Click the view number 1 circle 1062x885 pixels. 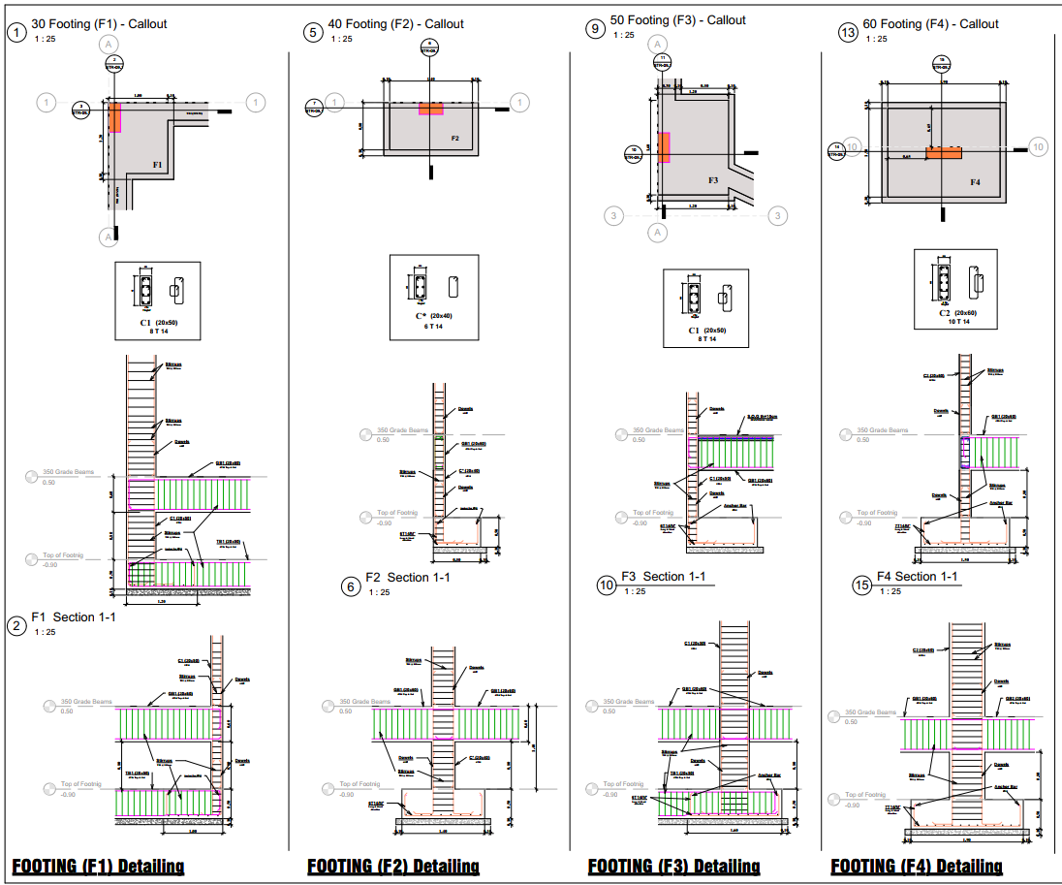tap(16, 32)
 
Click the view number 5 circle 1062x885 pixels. tap(312, 32)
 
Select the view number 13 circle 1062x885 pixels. tap(848, 33)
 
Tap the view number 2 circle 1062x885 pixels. tap(16, 625)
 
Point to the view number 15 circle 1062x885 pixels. tap(861, 585)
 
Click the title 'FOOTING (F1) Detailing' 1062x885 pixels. tap(98, 866)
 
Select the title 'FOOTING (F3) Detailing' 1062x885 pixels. tap(673, 866)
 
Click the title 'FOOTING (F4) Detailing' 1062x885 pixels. tap(917, 866)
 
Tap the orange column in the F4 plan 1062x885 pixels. tap(943, 153)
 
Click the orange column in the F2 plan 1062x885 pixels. tap(431, 109)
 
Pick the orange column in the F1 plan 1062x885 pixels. tap(114, 117)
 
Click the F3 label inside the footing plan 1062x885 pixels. tap(712, 180)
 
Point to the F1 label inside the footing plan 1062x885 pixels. tap(157, 165)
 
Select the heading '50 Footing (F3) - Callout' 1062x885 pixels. tap(677, 20)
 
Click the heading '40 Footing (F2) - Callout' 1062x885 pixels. tap(395, 24)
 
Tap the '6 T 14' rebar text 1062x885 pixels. tap(433, 327)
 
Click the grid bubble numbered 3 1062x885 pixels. tap(612, 215)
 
